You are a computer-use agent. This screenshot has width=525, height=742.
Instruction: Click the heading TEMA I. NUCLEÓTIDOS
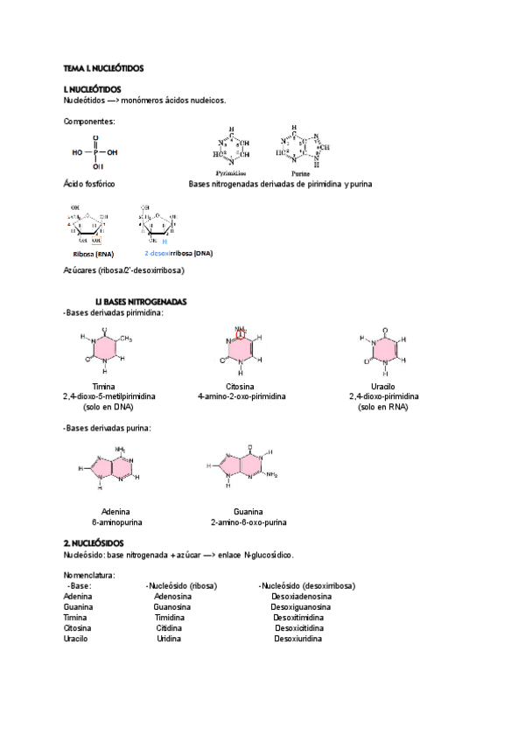[x=103, y=67]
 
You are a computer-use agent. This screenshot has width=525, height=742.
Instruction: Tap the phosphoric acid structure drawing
[x=95, y=151]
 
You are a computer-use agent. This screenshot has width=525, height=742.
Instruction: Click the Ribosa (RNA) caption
[x=94, y=253]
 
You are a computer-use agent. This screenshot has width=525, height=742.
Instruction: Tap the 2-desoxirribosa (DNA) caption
[x=178, y=253]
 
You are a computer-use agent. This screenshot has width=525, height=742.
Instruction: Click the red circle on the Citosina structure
[x=242, y=332]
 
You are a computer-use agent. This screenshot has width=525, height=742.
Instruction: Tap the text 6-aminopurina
[x=116, y=521]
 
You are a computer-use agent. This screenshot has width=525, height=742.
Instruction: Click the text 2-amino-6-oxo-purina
[x=248, y=521]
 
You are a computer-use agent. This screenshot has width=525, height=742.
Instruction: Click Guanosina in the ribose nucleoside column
[x=172, y=606]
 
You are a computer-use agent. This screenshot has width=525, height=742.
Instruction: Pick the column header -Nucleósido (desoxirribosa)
[x=306, y=585]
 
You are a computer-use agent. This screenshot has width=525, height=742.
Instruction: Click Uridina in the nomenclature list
[x=169, y=638]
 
